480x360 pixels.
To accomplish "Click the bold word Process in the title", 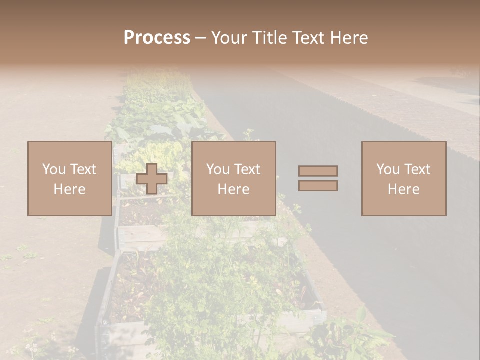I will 157,38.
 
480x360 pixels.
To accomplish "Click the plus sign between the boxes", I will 152,178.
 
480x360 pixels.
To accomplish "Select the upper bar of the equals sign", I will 318,171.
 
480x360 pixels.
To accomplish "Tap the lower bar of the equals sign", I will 318,185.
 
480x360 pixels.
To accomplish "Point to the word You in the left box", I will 53,169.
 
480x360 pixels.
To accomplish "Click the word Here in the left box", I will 69,189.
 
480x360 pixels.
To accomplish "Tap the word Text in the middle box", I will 247,169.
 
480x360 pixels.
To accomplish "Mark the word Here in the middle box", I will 233,189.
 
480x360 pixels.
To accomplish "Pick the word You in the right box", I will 387,169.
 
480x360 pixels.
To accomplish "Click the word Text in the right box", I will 417,169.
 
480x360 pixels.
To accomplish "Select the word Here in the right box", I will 403,189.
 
